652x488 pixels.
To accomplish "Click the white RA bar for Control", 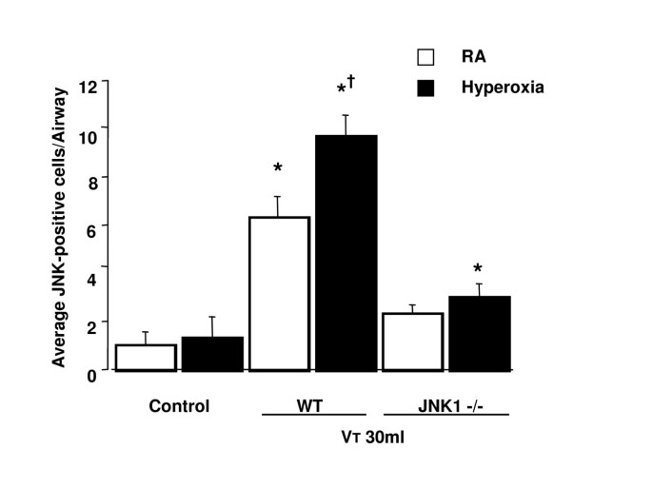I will coord(146,357).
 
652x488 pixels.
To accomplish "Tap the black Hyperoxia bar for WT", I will coord(346,252).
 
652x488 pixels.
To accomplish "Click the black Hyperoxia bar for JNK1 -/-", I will coord(480,333).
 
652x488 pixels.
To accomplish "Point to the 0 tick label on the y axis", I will coord(92,375).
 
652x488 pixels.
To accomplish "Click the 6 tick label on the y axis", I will coord(92,226).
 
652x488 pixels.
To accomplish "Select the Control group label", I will coord(178,406).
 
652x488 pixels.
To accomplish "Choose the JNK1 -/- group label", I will coord(447,406).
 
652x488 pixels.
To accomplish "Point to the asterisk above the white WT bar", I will coord(278,168).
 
